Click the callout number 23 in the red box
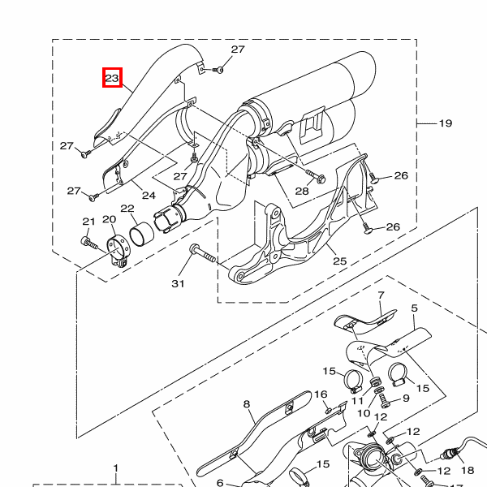pyautogui.click(x=112, y=78)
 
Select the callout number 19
pyautogui.click(x=446, y=123)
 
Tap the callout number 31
pyautogui.click(x=178, y=283)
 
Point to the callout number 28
pyautogui.click(x=302, y=191)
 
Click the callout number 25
pyautogui.click(x=339, y=261)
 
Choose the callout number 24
pyautogui.click(x=149, y=196)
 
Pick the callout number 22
pyautogui.click(x=127, y=209)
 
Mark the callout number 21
pyautogui.click(x=88, y=222)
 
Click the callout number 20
pyautogui.click(x=110, y=219)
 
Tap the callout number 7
pyautogui.click(x=381, y=295)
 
